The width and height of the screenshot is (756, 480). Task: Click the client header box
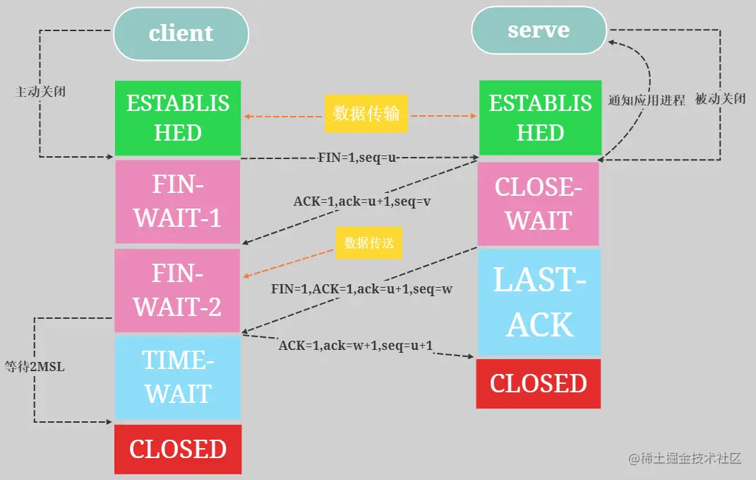(x=181, y=33)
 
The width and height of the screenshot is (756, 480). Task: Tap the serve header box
(x=539, y=30)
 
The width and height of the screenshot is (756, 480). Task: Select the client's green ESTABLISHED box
(x=178, y=118)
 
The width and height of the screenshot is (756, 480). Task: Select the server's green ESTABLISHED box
(x=540, y=118)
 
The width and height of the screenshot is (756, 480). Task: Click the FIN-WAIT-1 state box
(x=178, y=201)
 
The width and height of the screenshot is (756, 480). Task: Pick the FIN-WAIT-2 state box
(x=178, y=291)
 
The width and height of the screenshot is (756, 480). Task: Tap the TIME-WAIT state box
(x=178, y=377)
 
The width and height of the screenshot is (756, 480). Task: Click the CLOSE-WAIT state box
(x=538, y=204)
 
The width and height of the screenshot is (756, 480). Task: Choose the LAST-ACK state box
(x=539, y=302)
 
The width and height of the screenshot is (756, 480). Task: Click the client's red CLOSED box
(x=178, y=449)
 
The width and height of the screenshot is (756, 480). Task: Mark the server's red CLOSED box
(x=538, y=383)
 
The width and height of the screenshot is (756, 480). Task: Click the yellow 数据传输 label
(x=366, y=114)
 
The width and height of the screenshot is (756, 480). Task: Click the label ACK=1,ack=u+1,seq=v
(x=362, y=201)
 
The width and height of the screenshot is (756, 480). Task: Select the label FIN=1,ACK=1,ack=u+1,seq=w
(x=361, y=290)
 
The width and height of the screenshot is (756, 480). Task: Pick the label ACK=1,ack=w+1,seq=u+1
(x=356, y=346)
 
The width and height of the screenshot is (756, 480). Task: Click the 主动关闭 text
(x=40, y=92)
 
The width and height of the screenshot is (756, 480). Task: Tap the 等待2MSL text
(x=35, y=367)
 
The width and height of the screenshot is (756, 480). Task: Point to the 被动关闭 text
(x=720, y=99)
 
